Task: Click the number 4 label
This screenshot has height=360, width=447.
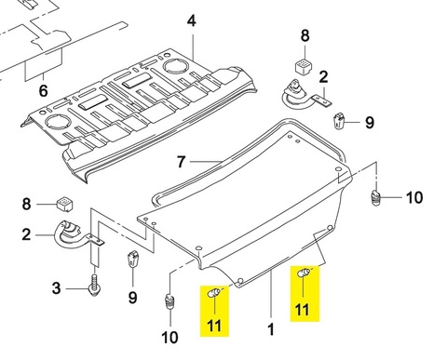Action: (x=192, y=21)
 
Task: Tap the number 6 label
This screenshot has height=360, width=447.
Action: (x=43, y=90)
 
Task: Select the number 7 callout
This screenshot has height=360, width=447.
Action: (x=182, y=162)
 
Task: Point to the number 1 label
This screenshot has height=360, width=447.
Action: (x=271, y=329)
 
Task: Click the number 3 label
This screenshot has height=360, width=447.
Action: (x=56, y=288)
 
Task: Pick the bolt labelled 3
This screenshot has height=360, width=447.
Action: (x=94, y=285)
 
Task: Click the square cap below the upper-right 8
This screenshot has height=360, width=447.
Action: (x=304, y=65)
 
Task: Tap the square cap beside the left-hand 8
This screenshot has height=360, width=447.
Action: (x=64, y=204)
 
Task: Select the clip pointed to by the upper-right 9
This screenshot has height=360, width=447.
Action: (x=338, y=121)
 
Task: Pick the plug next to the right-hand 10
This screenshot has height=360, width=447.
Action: (x=376, y=198)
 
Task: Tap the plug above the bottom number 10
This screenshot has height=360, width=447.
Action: (x=169, y=301)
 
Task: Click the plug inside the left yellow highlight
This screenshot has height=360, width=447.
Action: (x=214, y=292)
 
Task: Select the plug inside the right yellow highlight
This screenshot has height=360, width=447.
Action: (x=304, y=273)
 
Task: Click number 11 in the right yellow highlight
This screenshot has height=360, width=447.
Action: (x=303, y=310)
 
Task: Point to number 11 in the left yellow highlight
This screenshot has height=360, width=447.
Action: (x=214, y=326)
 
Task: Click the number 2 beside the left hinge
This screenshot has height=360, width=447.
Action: (x=26, y=234)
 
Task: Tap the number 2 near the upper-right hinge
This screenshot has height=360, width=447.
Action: (x=323, y=76)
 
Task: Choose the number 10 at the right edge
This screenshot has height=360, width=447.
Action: (x=414, y=197)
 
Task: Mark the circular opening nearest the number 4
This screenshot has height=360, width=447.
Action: (x=175, y=65)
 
